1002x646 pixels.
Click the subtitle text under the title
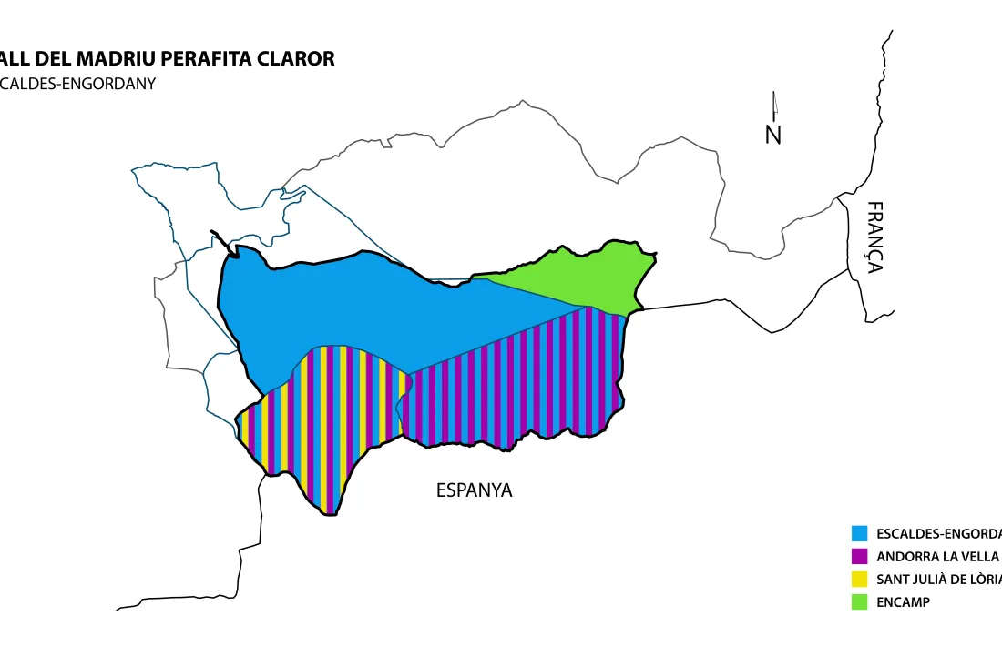tap(77, 84)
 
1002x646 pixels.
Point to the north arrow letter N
tap(773, 135)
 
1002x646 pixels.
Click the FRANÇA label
tap(874, 237)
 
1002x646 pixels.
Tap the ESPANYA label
tap(474, 490)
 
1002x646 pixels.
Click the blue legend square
tap(859, 533)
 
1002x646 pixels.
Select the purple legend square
tap(859, 556)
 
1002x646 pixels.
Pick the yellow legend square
tap(859, 579)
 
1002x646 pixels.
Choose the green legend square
tap(859, 601)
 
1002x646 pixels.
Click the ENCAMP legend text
tap(904, 602)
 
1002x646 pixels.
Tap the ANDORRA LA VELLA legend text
tap(937, 557)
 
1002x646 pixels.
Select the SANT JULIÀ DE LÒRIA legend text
tap(938, 580)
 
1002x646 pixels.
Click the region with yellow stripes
tap(328, 419)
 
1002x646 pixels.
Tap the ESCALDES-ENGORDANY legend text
tap(938, 534)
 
